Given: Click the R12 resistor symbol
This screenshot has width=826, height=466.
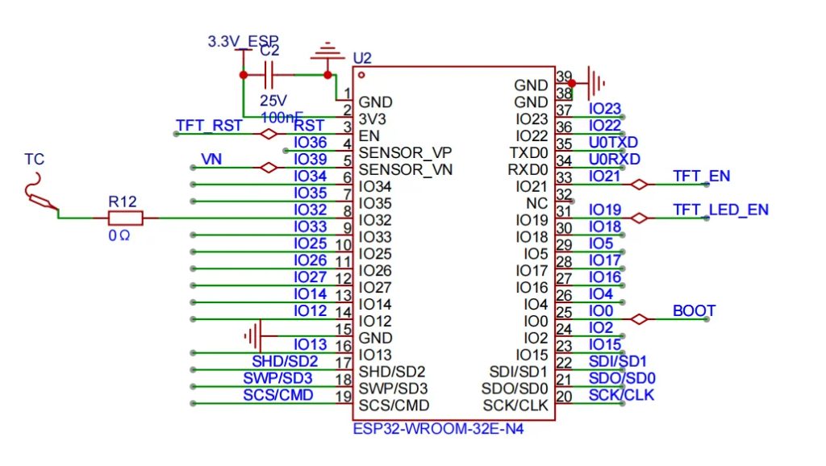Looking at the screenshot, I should coord(125,218).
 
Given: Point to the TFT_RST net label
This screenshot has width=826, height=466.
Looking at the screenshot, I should coord(209,126).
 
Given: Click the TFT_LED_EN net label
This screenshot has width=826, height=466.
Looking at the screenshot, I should coord(720,210).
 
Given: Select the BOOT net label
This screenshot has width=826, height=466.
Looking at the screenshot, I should coord(694,311).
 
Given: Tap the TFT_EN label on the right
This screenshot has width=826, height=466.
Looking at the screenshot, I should coord(701,177).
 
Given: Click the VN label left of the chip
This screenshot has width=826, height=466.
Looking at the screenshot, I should coord(211,160).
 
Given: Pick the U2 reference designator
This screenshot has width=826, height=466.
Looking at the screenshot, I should coord(362,58).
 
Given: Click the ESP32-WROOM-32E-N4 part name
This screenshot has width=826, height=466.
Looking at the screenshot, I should coord(438,429).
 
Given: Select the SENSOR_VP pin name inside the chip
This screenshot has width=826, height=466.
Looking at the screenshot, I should coord(405,152).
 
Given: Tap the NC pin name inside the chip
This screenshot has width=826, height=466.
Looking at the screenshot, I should coord(536,203).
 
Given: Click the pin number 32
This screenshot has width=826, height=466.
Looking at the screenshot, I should coord(564,195).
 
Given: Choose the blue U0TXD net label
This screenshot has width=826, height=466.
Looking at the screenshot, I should coord(614,143).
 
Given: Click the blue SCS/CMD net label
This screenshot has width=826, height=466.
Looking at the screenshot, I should coord(278,395).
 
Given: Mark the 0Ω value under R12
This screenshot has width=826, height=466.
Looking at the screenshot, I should coord(119,236).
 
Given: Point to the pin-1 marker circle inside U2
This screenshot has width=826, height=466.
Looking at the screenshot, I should coord(361,75).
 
